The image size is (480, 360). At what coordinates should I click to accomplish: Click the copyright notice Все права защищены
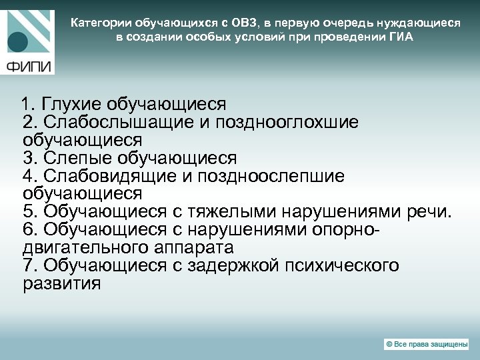(x=426, y=344)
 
